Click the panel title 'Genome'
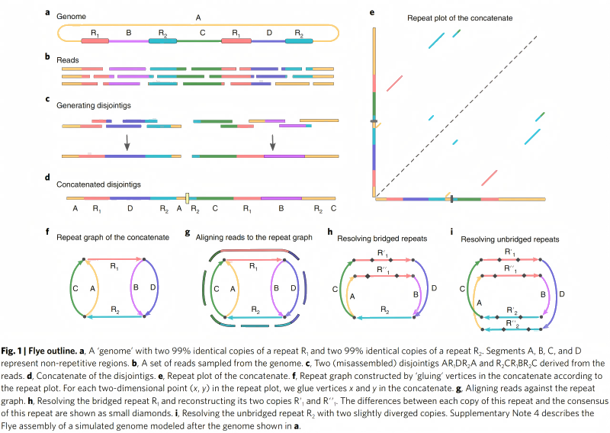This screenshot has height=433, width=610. (69, 15)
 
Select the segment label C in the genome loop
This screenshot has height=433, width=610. (201, 33)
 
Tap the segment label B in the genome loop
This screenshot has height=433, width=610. (128, 33)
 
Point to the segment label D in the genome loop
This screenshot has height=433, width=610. (268, 33)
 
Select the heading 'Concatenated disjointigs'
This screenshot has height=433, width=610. (93, 183)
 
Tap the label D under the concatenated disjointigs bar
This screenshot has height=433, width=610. (130, 207)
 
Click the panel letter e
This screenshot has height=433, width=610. (371, 12)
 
